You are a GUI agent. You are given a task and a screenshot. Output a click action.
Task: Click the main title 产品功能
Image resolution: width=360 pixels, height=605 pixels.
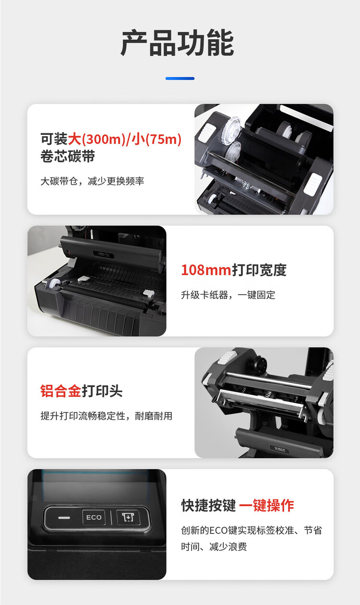[x=177, y=43]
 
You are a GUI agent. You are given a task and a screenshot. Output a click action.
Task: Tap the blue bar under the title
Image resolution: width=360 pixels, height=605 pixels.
[x=180, y=78]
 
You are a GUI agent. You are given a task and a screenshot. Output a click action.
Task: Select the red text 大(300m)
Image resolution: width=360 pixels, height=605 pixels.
[x=97, y=139]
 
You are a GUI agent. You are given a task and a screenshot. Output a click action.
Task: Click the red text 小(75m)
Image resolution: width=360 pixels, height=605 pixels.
[x=157, y=139]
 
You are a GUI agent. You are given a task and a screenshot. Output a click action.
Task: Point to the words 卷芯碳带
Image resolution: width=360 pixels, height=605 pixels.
[x=68, y=156]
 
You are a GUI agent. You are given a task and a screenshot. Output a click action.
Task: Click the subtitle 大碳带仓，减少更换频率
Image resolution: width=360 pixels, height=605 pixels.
[x=92, y=181]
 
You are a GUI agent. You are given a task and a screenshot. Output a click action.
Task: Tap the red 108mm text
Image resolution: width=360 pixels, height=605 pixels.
[x=206, y=270]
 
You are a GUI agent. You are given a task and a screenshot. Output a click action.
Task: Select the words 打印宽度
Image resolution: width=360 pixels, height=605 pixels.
[x=259, y=270]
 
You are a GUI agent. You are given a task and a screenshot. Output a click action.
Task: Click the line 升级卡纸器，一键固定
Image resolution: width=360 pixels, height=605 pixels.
[x=228, y=295]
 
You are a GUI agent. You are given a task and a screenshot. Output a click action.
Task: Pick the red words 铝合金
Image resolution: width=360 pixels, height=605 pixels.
[x=61, y=391]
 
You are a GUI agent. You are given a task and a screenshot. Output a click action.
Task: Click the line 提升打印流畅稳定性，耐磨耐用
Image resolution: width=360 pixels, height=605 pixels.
[x=107, y=416]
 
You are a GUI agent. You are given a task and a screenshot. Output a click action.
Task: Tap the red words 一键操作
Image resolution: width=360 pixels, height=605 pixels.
[x=266, y=506]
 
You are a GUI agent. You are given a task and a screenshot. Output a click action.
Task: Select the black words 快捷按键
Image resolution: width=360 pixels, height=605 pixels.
[x=209, y=506]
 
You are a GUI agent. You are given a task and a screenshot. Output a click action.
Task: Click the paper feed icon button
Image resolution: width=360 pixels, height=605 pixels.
[x=128, y=517]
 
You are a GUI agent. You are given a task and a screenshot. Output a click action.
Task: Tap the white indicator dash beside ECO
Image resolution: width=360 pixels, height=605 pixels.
[x=64, y=518]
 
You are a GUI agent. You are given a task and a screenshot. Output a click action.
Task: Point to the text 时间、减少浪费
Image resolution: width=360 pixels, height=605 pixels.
[x=214, y=546]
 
